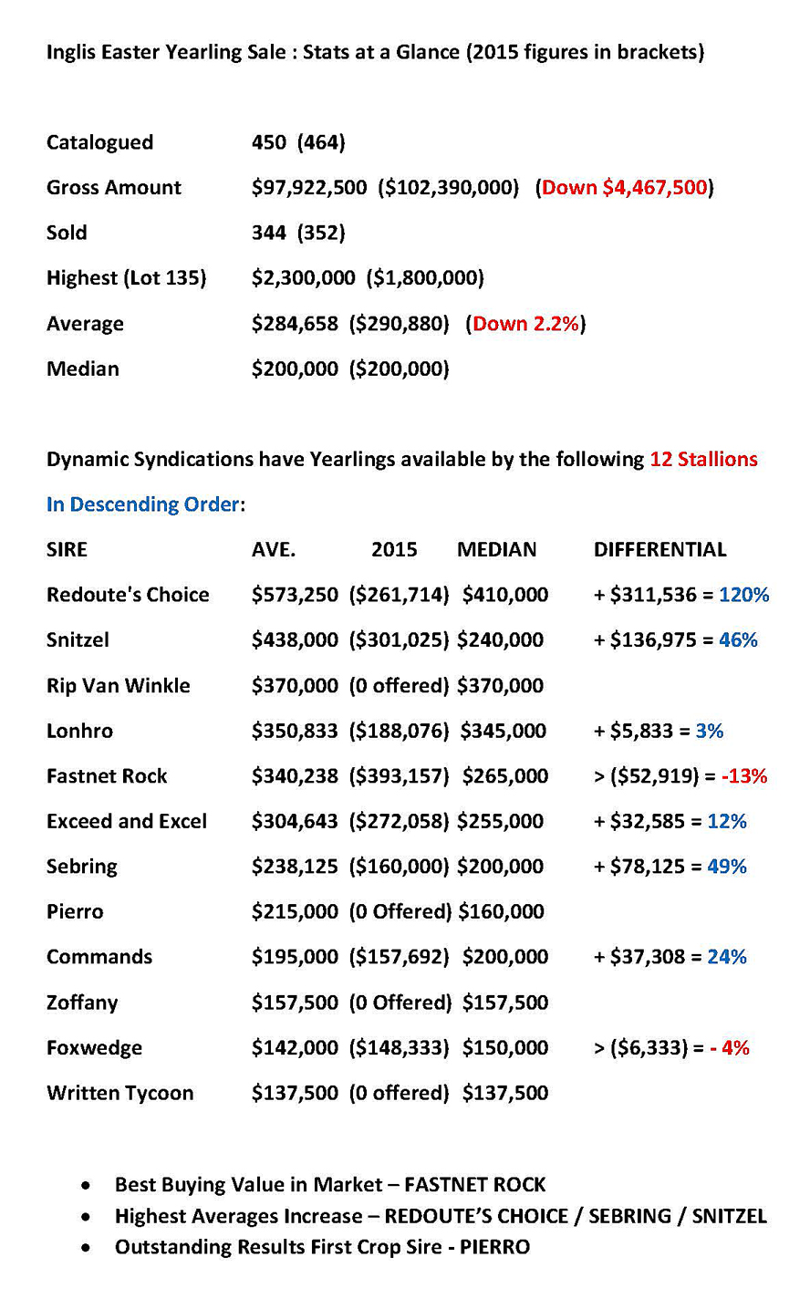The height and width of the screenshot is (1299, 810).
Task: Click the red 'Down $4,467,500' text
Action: [x=625, y=187]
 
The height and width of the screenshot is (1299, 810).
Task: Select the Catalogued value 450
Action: [x=268, y=142]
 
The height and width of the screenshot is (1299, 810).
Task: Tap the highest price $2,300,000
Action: [x=303, y=277]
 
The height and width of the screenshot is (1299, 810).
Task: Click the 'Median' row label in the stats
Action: [x=82, y=369]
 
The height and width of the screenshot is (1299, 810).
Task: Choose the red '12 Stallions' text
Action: [x=703, y=459]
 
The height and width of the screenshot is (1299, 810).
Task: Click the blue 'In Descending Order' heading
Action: [x=143, y=504]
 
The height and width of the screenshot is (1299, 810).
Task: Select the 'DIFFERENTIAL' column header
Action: [x=659, y=549]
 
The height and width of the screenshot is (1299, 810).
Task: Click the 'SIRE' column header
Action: [x=67, y=549]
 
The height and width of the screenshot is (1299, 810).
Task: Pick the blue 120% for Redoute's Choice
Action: [x=743, y=595]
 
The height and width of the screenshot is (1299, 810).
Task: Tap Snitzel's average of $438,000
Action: [x=295, y=639]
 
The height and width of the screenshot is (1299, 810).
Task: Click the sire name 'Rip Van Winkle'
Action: [x=118, y=685]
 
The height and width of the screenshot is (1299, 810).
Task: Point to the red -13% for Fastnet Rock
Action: [x=744, y=776]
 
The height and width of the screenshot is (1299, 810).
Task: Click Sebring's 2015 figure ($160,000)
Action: [x=399, y=867]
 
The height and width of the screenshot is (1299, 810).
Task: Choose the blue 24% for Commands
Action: [x=727, y=957]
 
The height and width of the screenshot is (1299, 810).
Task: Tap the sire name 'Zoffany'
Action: [x=82, y=1003]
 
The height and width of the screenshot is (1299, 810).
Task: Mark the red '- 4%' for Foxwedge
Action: [x=730, y=1047]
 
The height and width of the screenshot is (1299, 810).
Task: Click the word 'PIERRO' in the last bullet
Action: [x=494, y=1246]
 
